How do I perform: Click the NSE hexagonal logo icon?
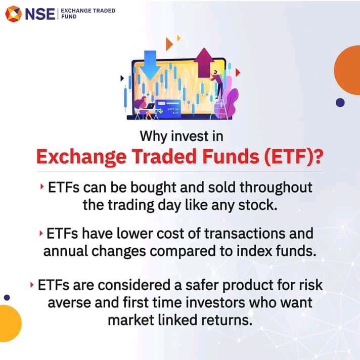click(x=14, y=14)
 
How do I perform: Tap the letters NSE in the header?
click(x=40, y=14)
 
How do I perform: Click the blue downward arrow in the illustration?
click(x=150, y=65)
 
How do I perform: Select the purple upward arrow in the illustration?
click(x=204, y=63)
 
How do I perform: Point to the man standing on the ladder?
click(x=217, y=84)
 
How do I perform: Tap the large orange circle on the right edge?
click(x=347, y=70)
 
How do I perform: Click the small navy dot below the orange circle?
click(x=340, y=103)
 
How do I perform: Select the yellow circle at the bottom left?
click(x=10, y=323)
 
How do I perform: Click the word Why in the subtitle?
click(x=153, y=136)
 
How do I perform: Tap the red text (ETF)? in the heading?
click(x=294, y=157)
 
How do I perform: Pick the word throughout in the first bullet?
click(x=276, y=188)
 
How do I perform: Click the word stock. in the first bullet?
click(x=257, y=205)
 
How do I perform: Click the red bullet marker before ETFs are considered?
click(x=32, y=285)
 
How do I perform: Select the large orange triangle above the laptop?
click(x=169, y=44)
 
